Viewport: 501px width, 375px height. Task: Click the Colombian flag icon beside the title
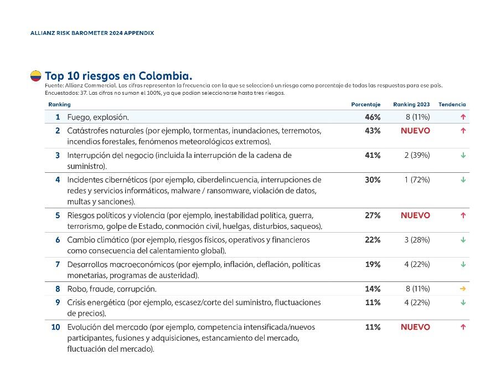36,76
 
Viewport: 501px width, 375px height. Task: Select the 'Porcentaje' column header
365,104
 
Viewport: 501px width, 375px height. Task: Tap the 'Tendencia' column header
452,104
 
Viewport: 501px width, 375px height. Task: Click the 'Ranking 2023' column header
411,104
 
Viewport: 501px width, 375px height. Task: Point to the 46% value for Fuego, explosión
373,117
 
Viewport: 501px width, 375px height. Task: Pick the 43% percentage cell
373,131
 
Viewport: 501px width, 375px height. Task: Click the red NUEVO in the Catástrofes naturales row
415,131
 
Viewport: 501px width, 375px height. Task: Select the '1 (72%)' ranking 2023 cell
417,179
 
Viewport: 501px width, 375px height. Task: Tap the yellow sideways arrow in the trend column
463,289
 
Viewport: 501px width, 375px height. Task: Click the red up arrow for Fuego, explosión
463,117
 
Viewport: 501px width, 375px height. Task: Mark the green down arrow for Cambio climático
463,240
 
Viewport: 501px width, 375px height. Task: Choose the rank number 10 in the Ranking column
55,327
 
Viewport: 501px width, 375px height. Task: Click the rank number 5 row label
57,215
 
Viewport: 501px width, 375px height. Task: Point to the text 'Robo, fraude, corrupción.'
111,289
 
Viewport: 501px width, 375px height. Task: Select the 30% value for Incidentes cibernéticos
373,179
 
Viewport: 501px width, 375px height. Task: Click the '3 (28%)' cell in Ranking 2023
417,240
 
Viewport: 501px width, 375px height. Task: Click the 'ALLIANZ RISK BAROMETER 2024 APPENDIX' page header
92,33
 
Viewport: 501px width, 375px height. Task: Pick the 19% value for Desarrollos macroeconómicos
373,264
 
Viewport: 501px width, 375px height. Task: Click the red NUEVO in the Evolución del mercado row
415,327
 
